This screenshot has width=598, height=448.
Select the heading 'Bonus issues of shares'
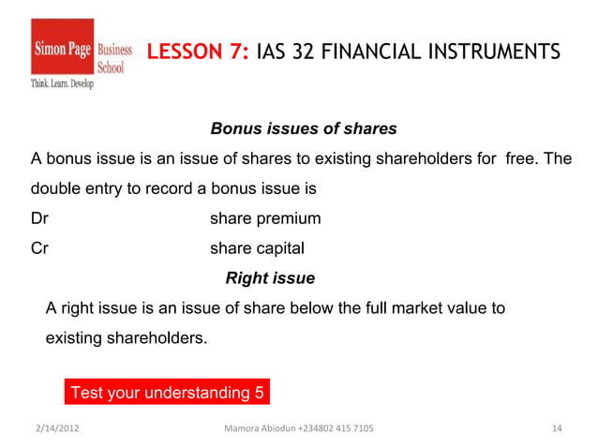click(304, 127)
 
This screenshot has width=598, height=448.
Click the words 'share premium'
click(265, 219)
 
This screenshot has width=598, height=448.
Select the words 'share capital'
click(258, 249)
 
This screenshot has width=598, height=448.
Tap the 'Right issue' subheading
click(270, 278)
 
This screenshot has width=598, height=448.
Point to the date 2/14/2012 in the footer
click(58, 429)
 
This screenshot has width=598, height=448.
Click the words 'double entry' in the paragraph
click(75, 188)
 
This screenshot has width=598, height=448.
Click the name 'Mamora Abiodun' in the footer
click(259, 429)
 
